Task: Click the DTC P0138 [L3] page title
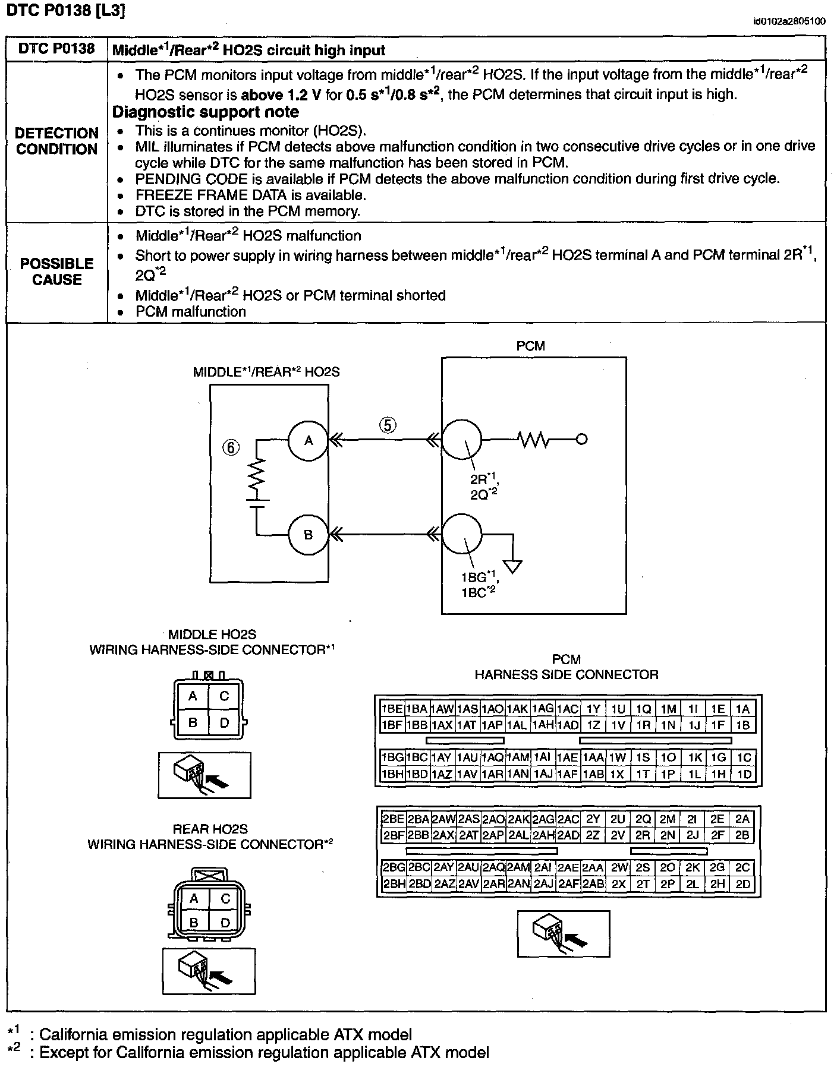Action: coord(66,11)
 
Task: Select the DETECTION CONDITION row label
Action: coord(57,141)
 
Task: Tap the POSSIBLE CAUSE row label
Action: coord(57,272)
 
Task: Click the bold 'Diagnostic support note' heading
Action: coord(206,112)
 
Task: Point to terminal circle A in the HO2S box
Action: coord(308,440)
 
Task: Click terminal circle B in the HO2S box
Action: coord(308,535)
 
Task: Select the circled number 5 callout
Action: coord(388,425)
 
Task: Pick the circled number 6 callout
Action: coord(231,447)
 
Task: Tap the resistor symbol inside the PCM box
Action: coord(533,440)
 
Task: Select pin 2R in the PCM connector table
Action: coord(643,835)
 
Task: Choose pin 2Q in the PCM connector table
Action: coord(643,819)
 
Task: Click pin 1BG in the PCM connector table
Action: coord(392,757)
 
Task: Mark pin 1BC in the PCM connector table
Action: coord(417,757)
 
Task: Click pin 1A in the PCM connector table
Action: coord(742,709)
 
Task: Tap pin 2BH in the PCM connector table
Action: coord(393,884)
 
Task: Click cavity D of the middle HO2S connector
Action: coord(224,723)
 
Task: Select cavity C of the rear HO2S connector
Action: coord(225,899)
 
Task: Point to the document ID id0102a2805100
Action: coord(788,22)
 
